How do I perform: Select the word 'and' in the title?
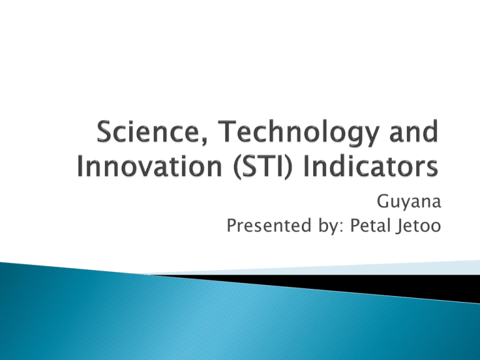pos(414,131)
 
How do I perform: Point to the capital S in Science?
pos(104,131)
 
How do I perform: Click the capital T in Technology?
pos(227,131)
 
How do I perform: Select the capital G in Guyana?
pos(383,201)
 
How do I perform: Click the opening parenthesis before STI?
pos(237,167)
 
